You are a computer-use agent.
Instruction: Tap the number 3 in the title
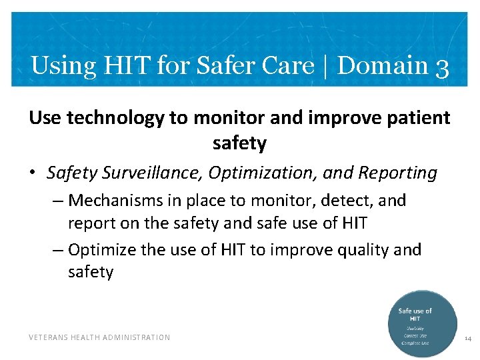click(441, 67)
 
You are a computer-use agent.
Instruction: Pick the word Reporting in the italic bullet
click(398, 173)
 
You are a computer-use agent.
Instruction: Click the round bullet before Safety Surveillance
click(33, 174)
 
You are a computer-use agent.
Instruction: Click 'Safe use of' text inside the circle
click(415, 311)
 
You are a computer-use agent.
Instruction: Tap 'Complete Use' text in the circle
click(415, 343)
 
